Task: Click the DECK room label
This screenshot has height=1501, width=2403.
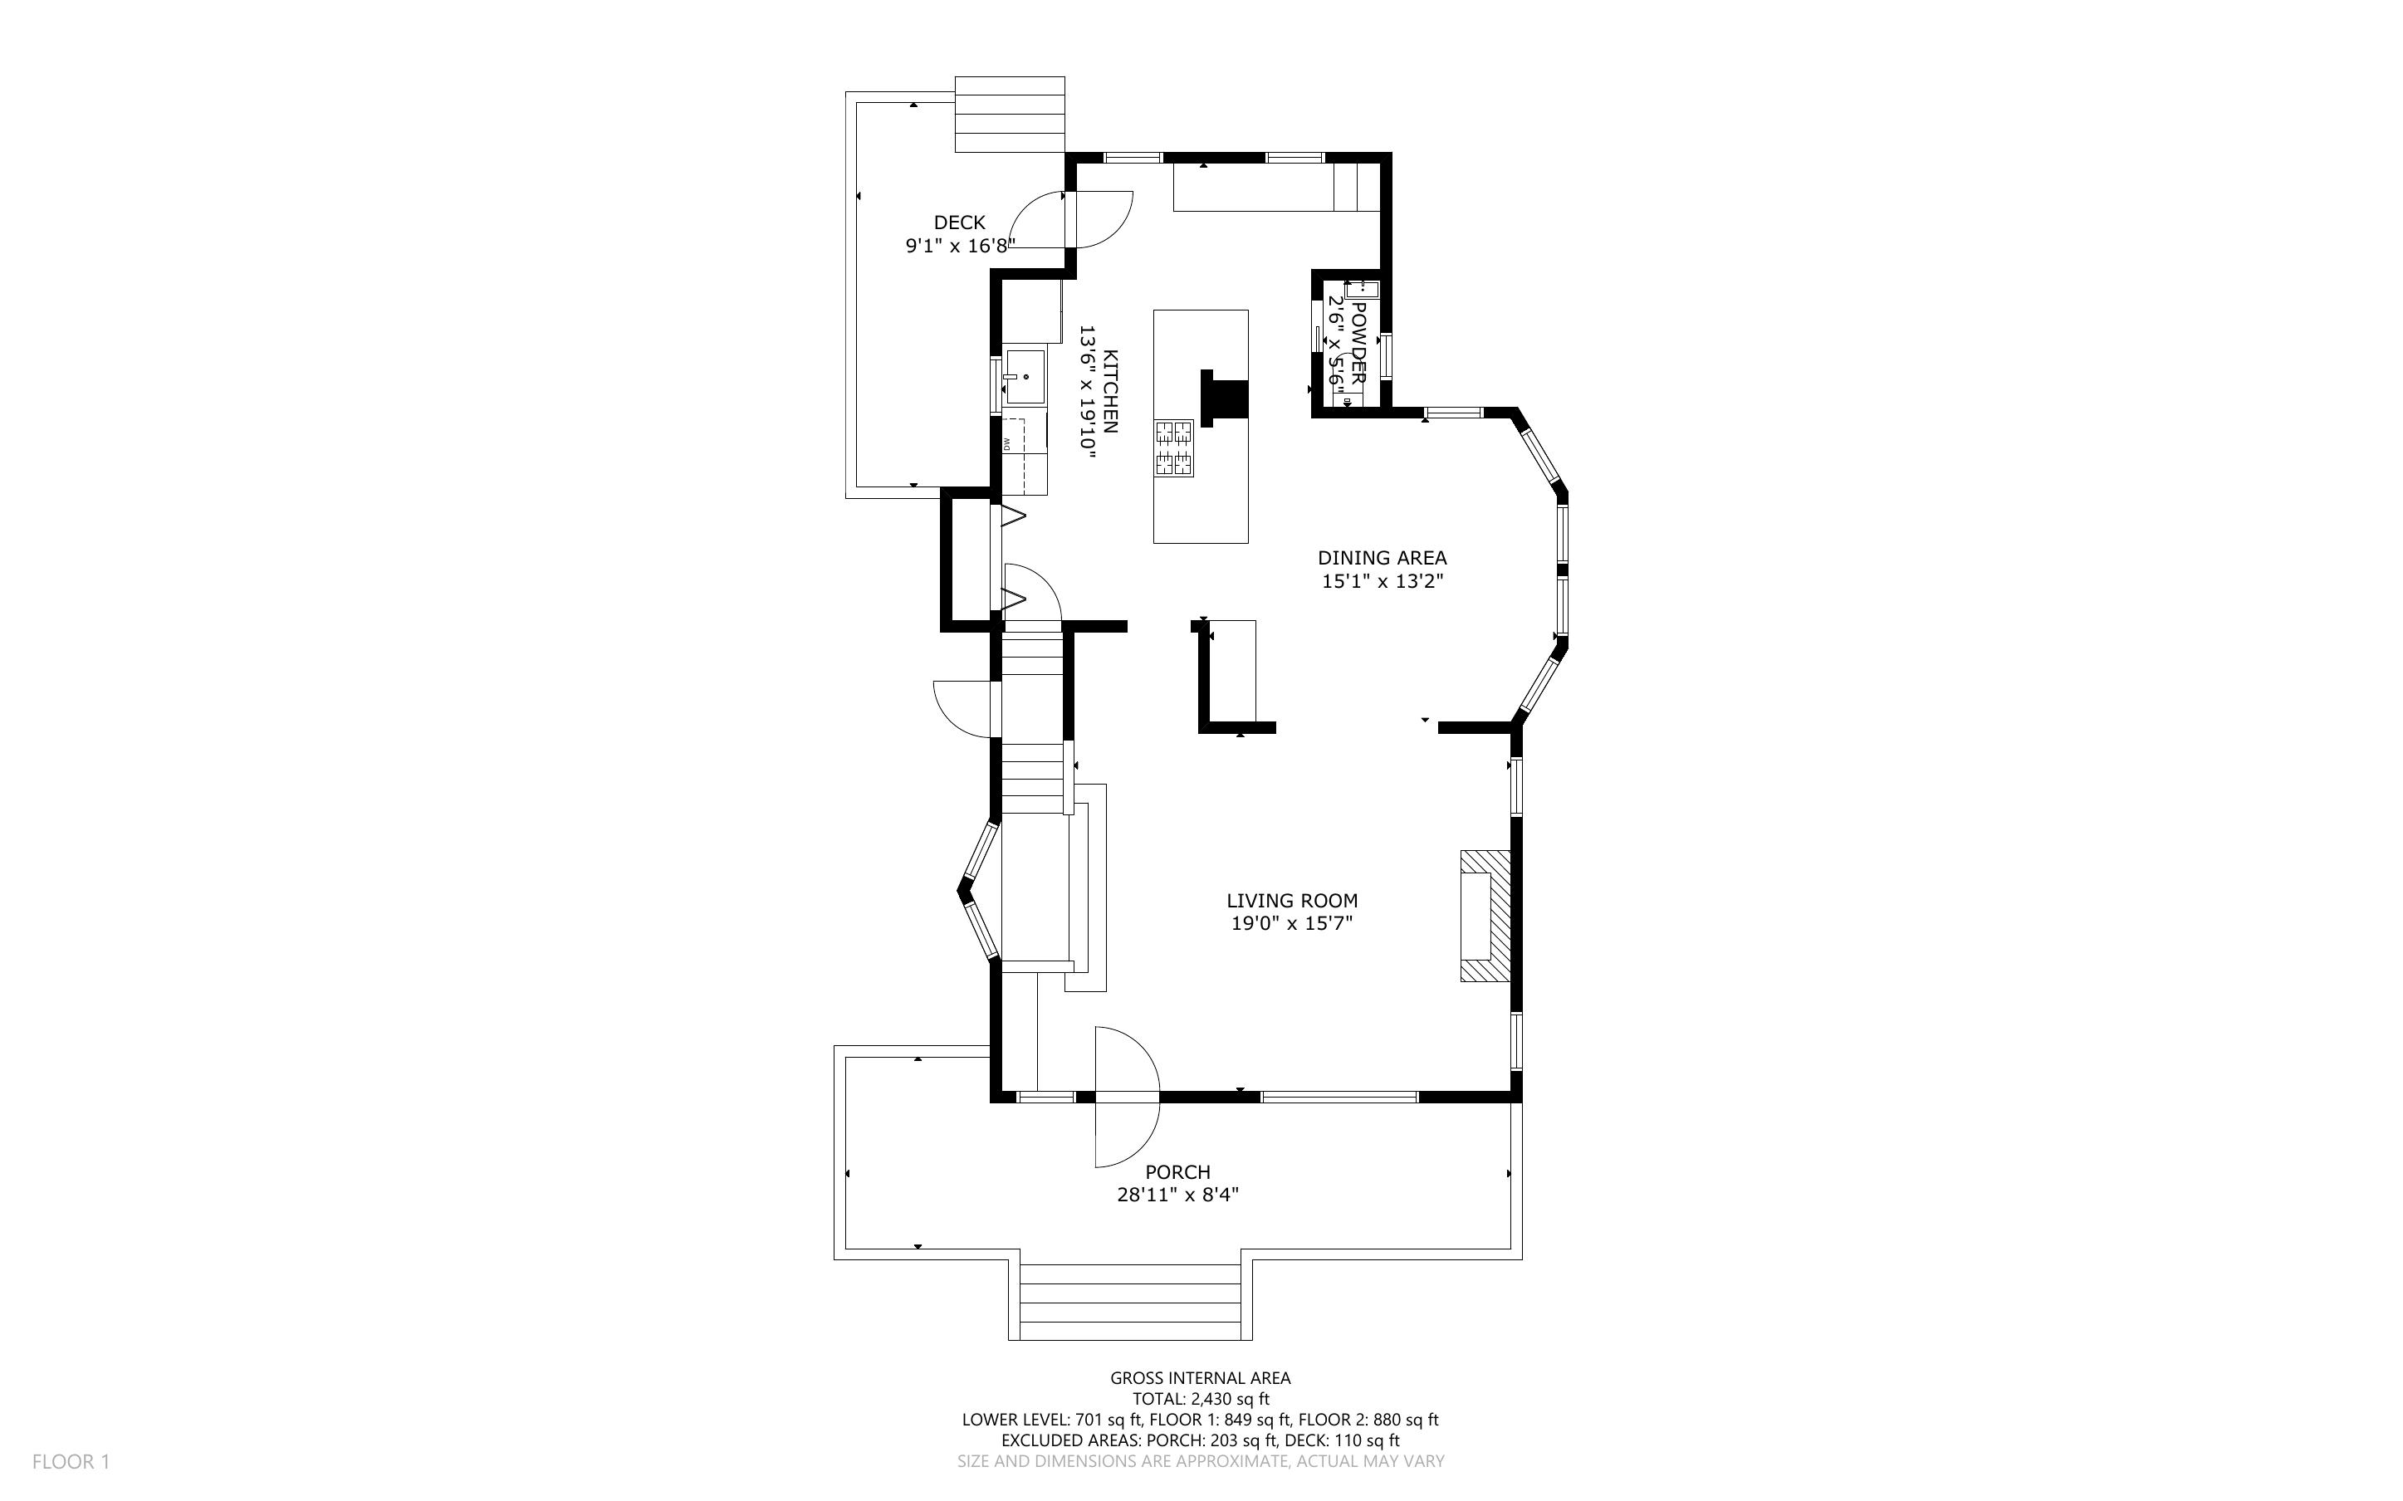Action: pos(959,222)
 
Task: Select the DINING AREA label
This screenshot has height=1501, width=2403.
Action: pos(1382,558)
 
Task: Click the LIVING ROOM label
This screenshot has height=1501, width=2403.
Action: pos(1291,901)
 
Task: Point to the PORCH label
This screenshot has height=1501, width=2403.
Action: pos(1177,1171)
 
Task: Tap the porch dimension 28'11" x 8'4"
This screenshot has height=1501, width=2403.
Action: pos(1177,1195)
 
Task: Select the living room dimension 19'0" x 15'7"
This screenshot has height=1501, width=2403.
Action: pos(1291,924)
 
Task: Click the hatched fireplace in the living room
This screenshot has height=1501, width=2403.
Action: pos(1485,915)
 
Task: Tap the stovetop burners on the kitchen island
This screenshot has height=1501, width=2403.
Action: pos(1173,447)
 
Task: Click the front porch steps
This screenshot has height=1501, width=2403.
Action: pos(1131,1302)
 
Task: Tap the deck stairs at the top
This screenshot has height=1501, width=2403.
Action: pos(1010,115)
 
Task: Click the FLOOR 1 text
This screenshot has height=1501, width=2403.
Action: pos(71,1461)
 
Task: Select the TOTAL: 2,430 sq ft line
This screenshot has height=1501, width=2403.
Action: pos(1200,1399)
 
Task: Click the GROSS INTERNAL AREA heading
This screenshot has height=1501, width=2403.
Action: pos(1200,1377)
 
